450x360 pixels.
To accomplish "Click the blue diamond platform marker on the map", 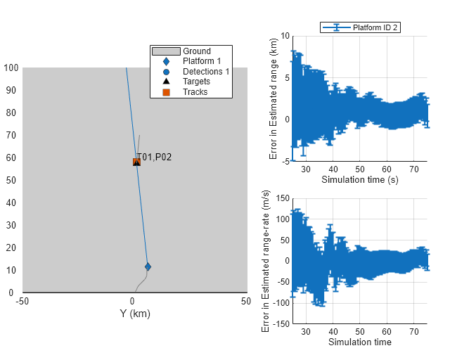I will (148, 266).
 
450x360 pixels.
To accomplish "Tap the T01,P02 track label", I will (155, 157).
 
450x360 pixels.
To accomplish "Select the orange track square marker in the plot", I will (136, 162).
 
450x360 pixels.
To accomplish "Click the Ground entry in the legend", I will (196, 51).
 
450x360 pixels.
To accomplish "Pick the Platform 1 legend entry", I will (201, 61).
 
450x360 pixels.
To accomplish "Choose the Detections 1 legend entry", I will (205, 72).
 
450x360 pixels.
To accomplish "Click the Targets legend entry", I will (196, 82).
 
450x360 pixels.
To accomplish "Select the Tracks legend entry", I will (195, 92).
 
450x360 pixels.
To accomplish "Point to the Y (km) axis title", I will (135, 314).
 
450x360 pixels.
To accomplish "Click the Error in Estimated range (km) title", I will (274, 98).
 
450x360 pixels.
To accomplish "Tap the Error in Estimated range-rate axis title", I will (266, 260).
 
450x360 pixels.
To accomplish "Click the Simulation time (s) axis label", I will (359, 179).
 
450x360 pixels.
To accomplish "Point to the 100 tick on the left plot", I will (11, 68).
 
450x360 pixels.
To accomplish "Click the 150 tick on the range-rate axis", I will (283, 198).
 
